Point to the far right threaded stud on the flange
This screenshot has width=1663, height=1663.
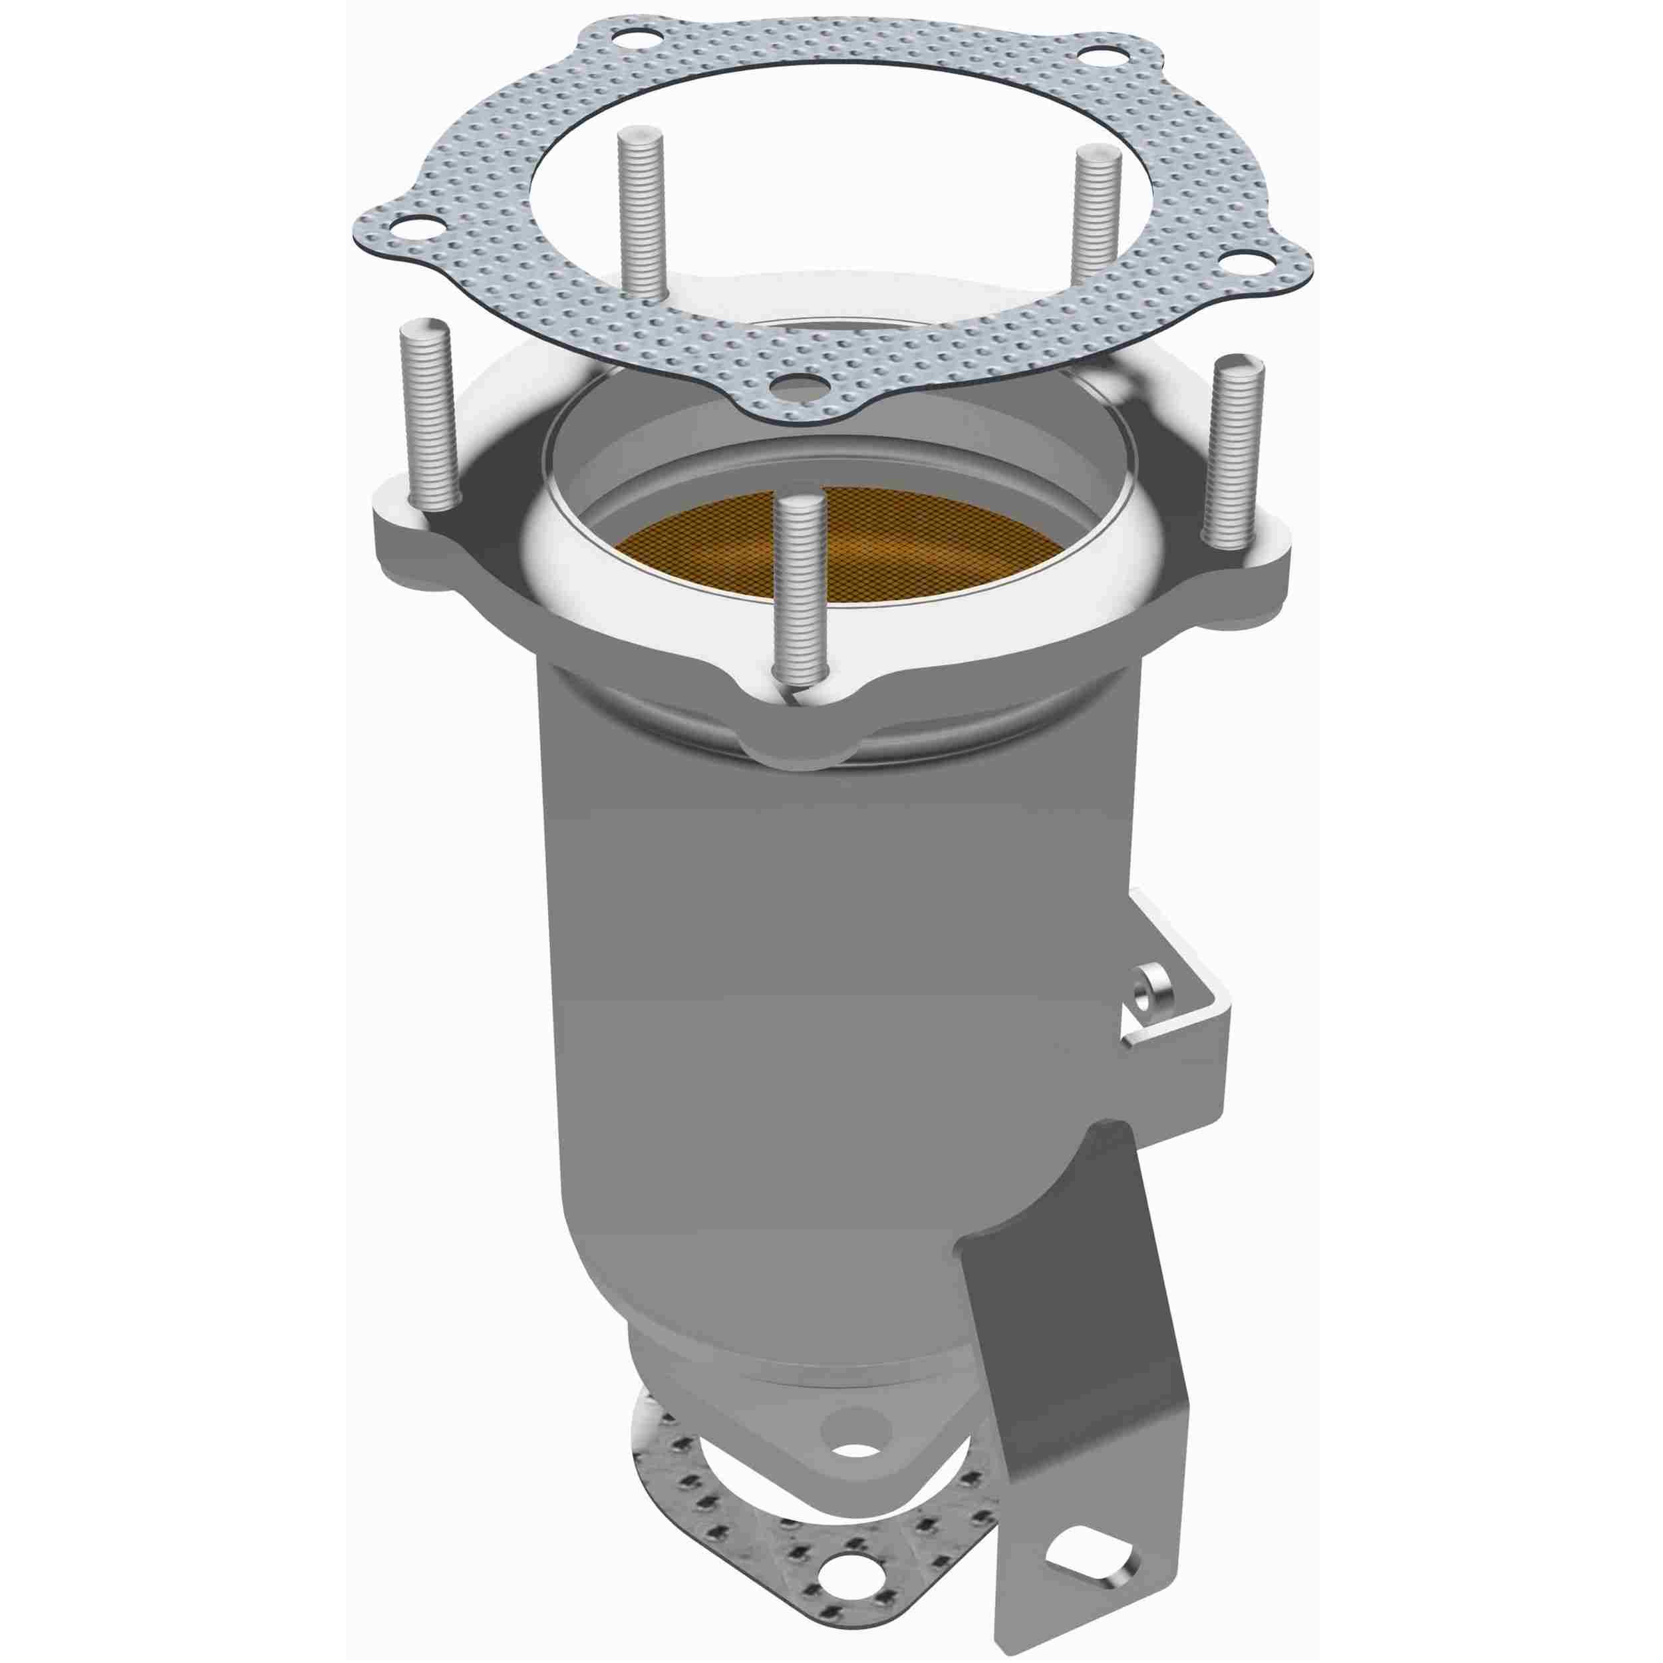tap(1233, 452)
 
